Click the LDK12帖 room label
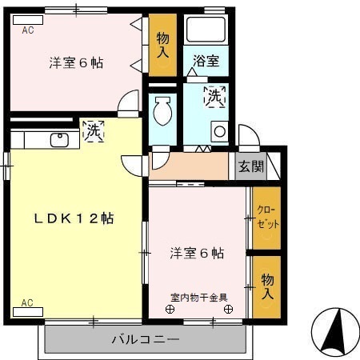click(74, 218)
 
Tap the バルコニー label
click(145, 340)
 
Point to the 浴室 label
click(206, 59)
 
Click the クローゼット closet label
click(267, 217)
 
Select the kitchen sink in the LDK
click(60, 141)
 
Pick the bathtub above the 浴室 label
click(207, 30)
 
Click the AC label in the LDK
click(27, 303)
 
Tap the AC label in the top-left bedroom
click(27, 31)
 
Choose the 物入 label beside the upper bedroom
click(162, 46)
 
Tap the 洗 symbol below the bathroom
click(214, 96)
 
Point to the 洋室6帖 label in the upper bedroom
click(76, 64)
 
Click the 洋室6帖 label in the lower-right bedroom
click(197, 254)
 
